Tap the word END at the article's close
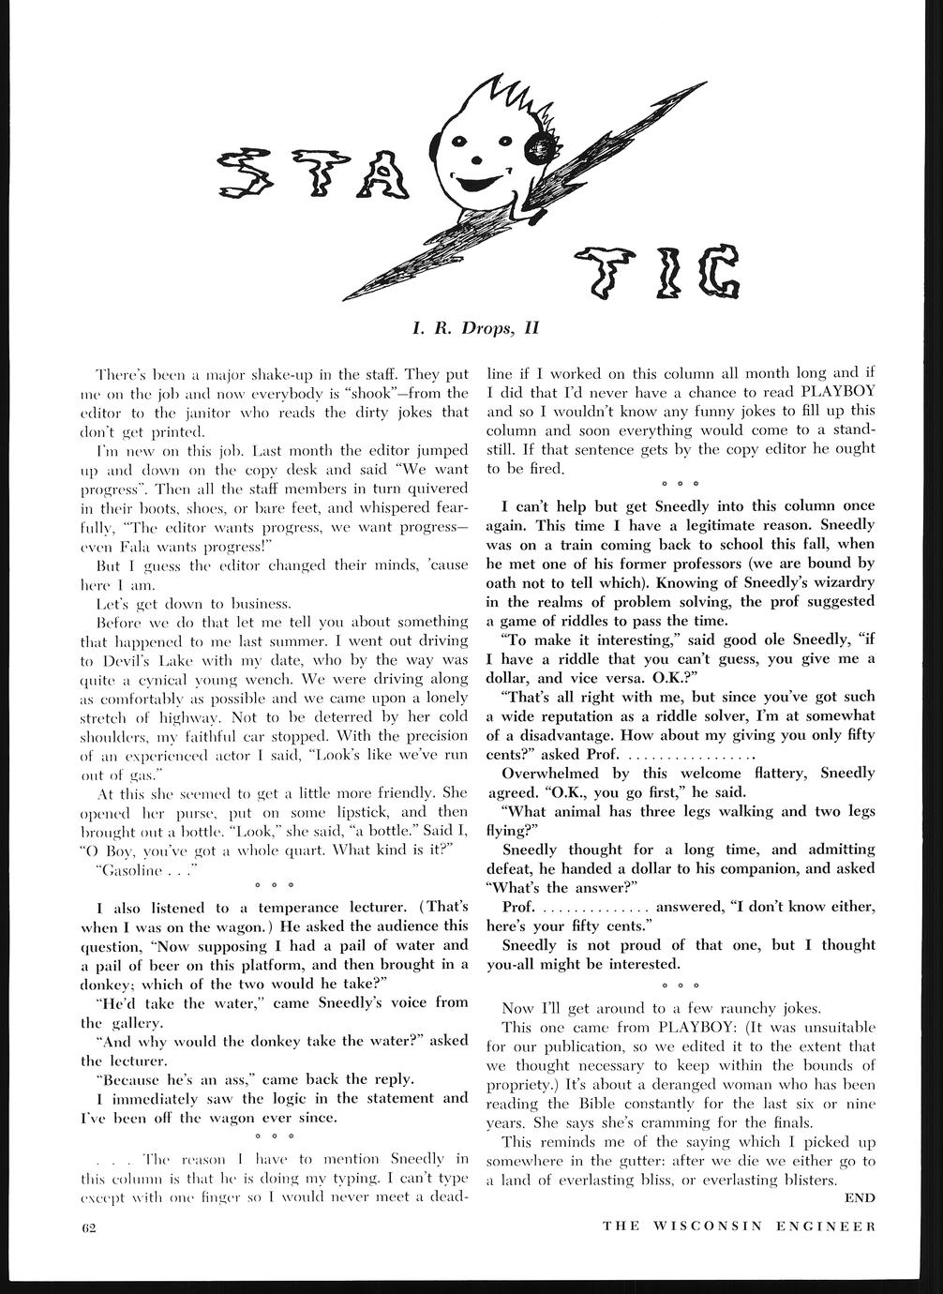[860, 1197]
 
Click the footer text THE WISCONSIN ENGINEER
[739, 1226]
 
